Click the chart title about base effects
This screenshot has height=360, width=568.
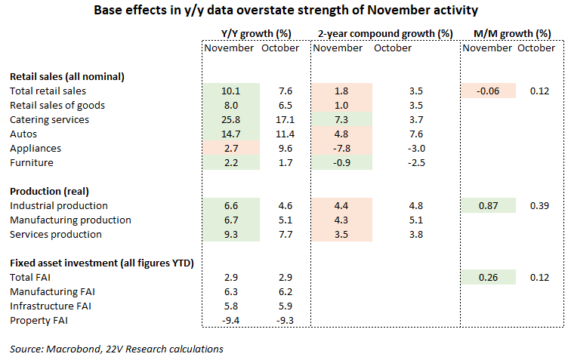tap(286, 10)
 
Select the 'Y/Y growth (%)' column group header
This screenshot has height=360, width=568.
tap(256, 34)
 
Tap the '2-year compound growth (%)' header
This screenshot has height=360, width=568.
tap(385, 34)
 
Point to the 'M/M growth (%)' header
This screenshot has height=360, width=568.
tap(512, 34)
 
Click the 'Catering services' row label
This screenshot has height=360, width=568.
tap(49, 120)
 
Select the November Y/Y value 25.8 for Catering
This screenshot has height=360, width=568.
tap(231, 120)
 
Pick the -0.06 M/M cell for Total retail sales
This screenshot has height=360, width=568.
tap(488, 91)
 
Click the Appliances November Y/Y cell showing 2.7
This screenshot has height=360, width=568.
tap(231, 149)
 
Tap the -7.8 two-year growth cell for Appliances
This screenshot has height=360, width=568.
tap(341, 149)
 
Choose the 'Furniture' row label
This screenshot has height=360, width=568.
tap(32, 163)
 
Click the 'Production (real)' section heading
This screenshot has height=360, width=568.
tap(49, 192)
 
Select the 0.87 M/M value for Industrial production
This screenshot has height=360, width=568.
tap(488, 205)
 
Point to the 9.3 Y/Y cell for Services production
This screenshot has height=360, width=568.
tap(231, 235)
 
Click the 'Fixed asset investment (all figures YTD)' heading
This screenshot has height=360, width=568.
tap(102, 263)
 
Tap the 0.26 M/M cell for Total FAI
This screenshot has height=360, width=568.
tap(488, 278)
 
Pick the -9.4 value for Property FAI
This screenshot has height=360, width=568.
tap(231, 321)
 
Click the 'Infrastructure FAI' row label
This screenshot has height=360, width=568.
tap(51, 306)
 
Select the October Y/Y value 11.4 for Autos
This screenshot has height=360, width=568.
tap(285, 134)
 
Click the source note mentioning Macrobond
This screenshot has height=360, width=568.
tap(116, 349)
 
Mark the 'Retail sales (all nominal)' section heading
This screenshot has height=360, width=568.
tap(67, 77)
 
